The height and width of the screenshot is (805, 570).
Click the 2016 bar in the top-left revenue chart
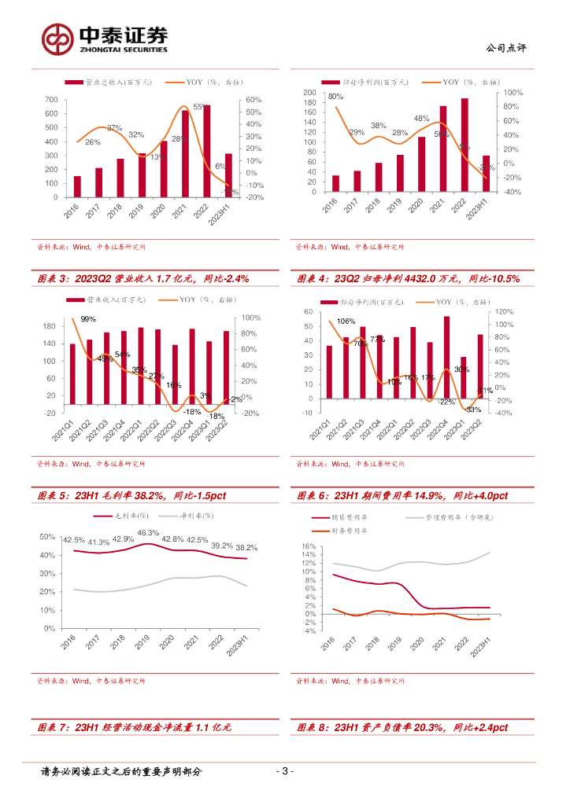(77, 186)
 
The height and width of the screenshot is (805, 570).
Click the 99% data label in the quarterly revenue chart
(88, 318)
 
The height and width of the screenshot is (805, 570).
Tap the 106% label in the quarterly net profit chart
(346, 321)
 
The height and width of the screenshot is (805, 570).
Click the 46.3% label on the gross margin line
(148, 533)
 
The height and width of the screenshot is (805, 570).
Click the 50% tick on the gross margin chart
(47, 537)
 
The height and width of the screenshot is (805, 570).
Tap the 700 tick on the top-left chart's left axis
(51, 100)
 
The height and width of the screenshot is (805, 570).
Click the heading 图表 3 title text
(135, 278)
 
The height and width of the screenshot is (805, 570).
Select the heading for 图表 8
(402, 728)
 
